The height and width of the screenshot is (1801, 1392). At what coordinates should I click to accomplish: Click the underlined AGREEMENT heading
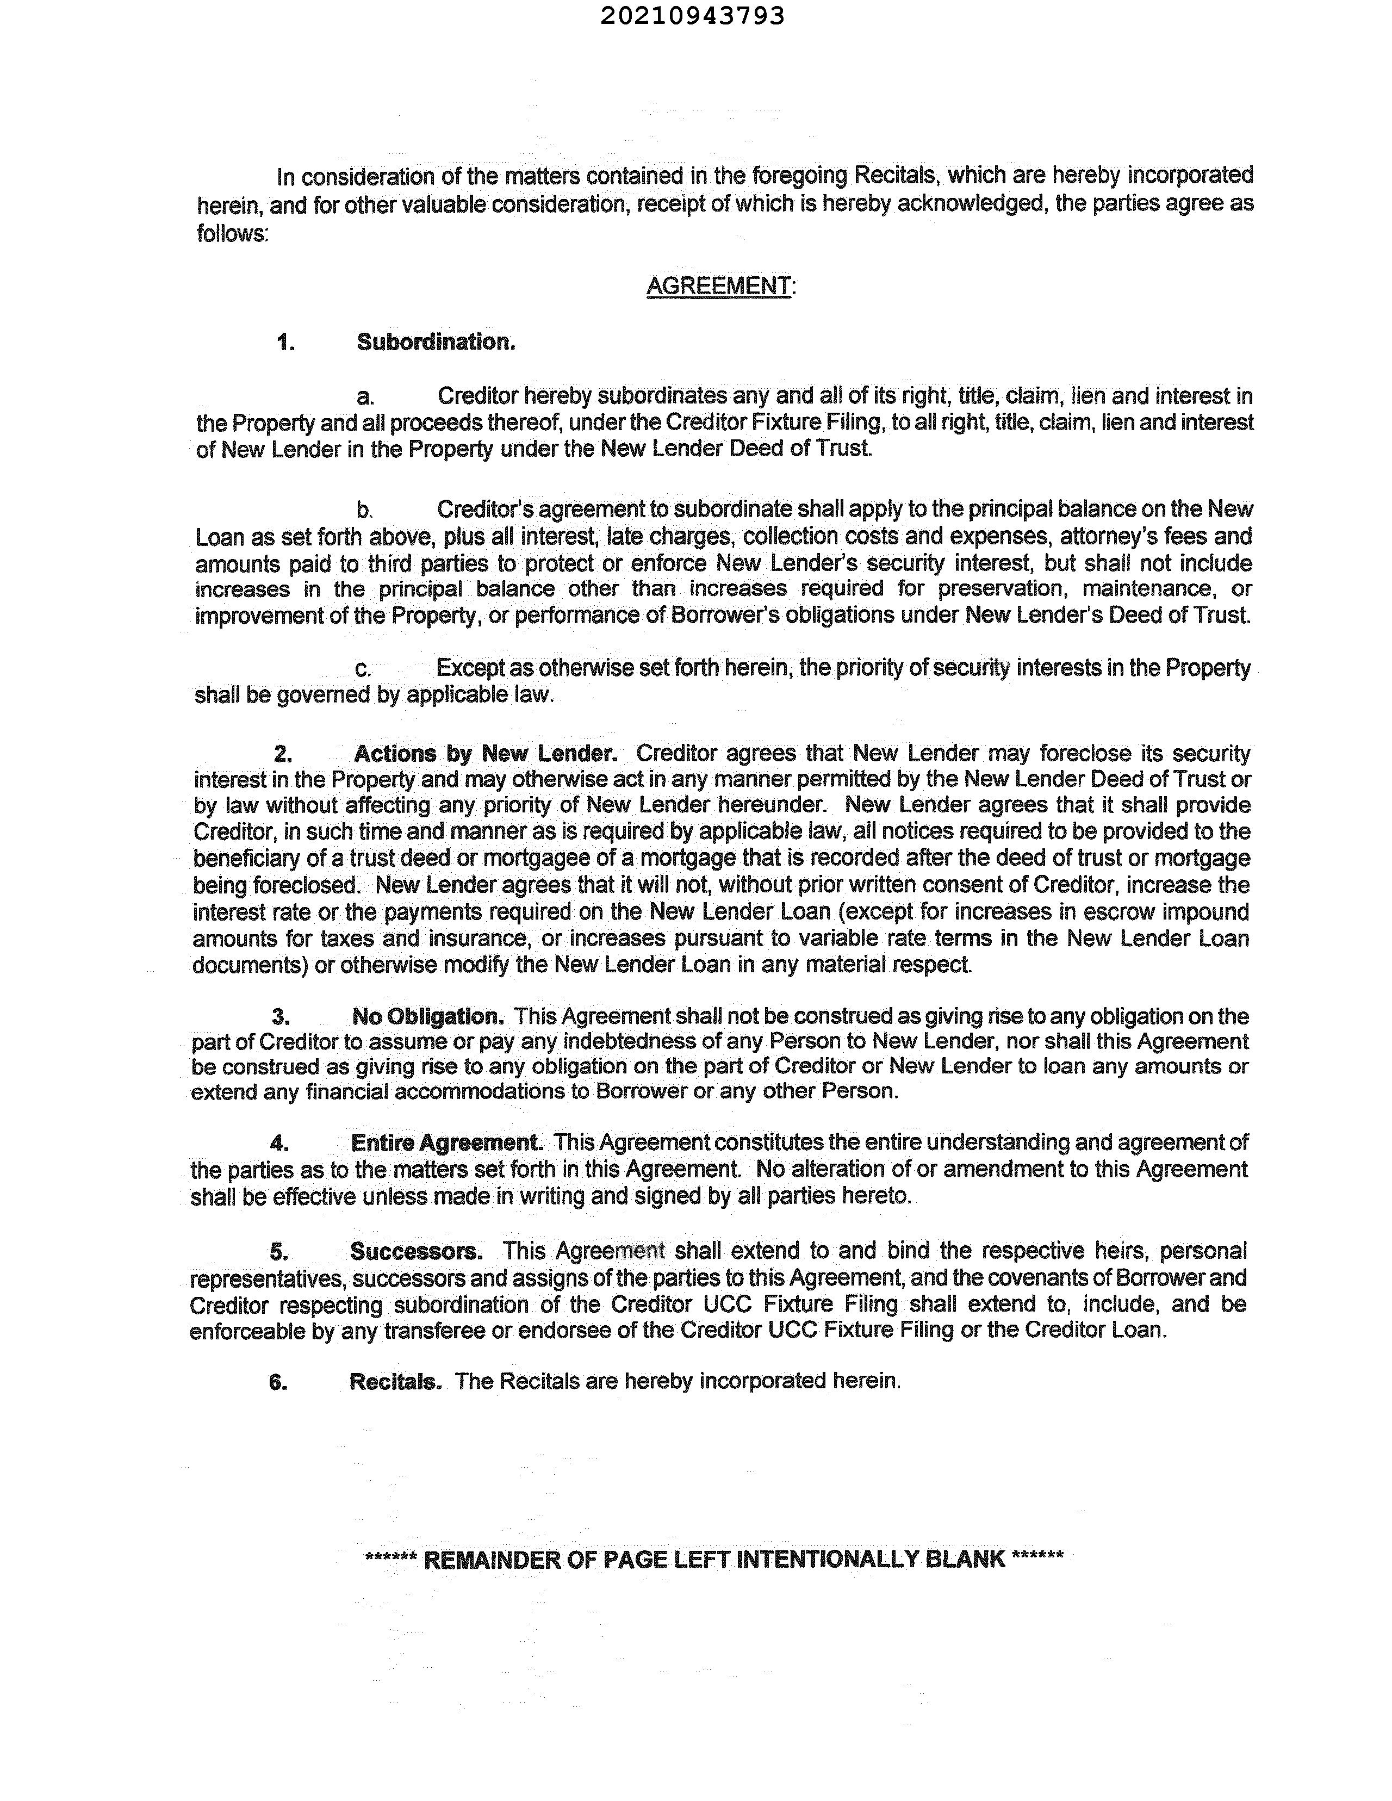coord(718,286)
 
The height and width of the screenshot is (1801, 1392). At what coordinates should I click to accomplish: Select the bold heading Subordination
coord(436,342)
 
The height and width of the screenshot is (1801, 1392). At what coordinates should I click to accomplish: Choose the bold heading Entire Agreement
coord(446,1143)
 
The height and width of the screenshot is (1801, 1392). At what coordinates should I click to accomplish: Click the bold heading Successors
coord(417,1252)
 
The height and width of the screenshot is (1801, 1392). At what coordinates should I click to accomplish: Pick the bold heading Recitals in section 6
coord(396,1381)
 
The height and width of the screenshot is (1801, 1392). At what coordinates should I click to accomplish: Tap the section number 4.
coord(279,1144)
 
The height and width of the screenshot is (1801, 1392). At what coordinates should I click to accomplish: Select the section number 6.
coord(278,1382)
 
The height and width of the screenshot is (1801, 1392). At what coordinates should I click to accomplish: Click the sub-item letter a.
coord(364,398)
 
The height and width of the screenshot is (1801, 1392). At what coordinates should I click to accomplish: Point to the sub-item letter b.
coord(364,511)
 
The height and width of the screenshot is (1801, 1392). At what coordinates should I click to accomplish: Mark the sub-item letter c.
coord(362,669)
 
